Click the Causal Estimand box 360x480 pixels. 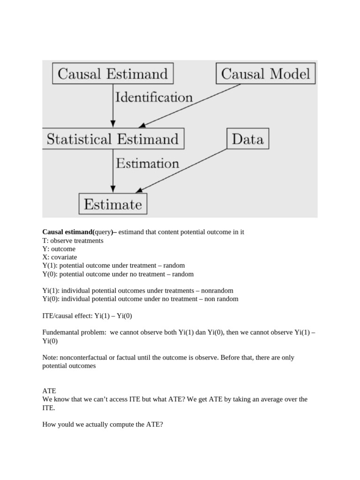click(x=112, y=74)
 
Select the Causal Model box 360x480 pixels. click(x=266, y=74)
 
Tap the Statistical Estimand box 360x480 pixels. click(x=112, y=139)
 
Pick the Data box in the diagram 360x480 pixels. click(x=247, y=139)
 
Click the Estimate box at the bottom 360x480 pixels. click(x=112, y=204)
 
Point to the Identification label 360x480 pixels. click(x=154, y=97)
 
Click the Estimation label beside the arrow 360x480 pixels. click(x=147, y=164)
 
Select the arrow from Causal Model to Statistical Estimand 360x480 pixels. click(x=190, y=105)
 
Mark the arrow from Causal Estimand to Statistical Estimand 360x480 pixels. click(x=112, y=106)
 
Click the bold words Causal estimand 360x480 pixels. click(x=67, y=232)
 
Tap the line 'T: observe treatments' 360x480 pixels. click(x=73, y=240)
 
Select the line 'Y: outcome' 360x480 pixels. click(x=60, y=249)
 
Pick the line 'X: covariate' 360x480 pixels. click(x=60, y=257)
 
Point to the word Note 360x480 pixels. click(x=50, y=358)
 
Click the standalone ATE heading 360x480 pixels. click(x=49, y=390)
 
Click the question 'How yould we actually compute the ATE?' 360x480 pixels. click(x=102, y=425)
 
